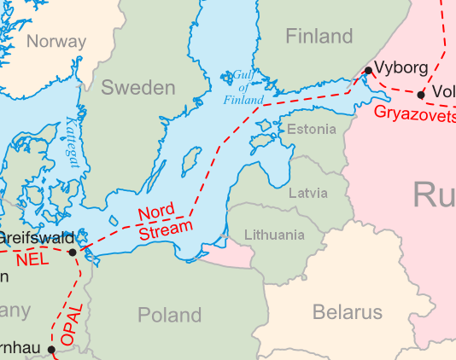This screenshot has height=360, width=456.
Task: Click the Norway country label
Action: click(56, 41)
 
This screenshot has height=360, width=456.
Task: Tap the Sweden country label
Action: click(137, 87)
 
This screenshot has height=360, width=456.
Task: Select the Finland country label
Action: click(319, 36)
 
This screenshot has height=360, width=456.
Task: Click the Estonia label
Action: click(312, 130)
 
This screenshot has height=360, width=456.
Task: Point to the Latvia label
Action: click(307, 193)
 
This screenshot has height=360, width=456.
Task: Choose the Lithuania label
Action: click(273, 235)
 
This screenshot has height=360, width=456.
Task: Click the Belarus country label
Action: click(348, 312)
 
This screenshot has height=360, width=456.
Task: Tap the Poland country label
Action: click(169, 316)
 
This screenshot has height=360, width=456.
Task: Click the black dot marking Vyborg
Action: click(368, 70)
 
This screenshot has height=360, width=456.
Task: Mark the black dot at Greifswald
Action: click(73, 252)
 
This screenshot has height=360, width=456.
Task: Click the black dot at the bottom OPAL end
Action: click(51, 350)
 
